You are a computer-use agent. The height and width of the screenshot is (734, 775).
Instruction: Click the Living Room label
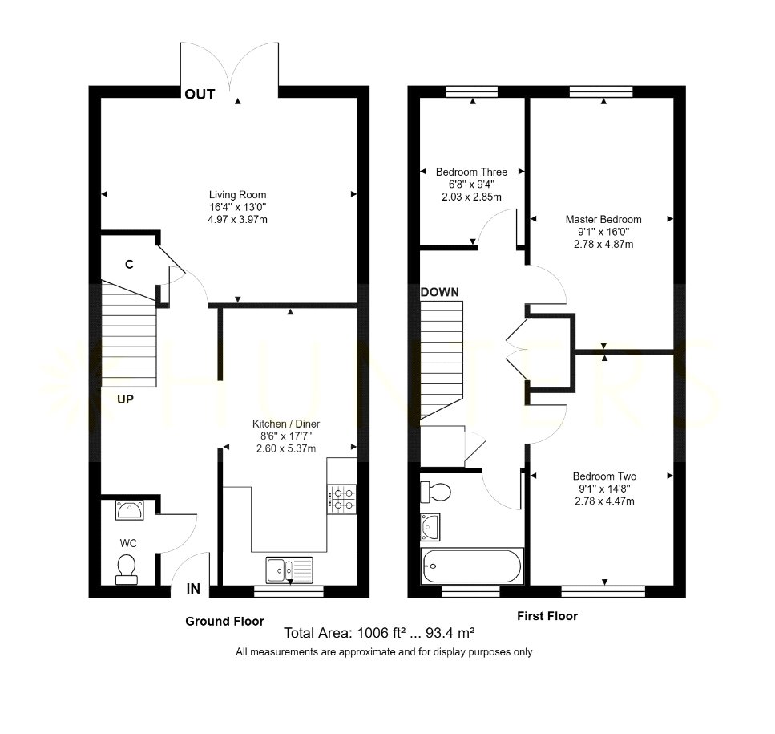[237, 195]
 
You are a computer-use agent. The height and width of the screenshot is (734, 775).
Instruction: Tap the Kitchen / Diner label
[286, 424]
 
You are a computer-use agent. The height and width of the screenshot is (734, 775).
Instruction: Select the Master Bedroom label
[603, 219]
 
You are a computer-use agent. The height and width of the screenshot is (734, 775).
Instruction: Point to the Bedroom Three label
[471, 172]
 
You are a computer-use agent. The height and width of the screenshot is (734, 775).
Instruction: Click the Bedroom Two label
[604, 476]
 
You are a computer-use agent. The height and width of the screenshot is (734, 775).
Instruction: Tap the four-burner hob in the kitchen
[342, 499]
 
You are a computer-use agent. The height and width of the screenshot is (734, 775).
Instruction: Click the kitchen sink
[289, 570]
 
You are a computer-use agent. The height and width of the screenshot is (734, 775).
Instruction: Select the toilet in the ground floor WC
[127, 569]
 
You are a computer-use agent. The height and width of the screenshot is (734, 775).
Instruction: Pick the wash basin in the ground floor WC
[130, 510]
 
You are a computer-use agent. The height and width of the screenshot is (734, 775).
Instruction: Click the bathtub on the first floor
[471, 566]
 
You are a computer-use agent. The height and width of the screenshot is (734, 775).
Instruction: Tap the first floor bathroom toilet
[435, 492]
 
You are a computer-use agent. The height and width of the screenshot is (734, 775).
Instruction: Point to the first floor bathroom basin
[430, 527]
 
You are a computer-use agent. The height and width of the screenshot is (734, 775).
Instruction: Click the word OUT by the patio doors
[200, 95]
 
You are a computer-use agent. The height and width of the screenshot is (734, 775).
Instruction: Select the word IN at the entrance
[193, 589]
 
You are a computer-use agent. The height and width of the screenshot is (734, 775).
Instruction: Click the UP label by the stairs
[125, 399]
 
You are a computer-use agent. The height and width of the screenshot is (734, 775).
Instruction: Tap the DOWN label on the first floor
[440, 292]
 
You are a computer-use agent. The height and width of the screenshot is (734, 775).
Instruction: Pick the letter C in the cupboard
[129, 265]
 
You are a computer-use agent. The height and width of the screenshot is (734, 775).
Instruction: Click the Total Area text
[379, 633]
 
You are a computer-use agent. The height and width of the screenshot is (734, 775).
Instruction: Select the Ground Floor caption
[225, 621]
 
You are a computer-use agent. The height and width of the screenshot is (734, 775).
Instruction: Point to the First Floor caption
[547, 616]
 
